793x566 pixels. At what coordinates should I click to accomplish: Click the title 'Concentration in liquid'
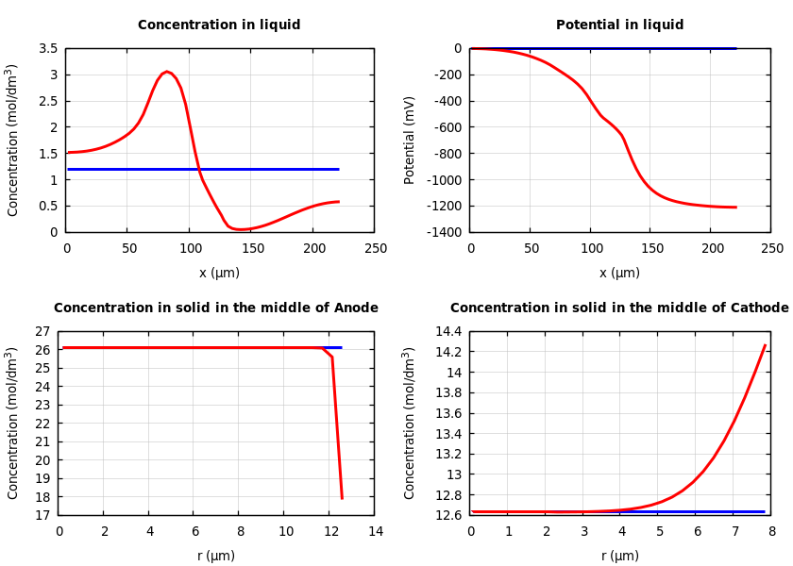[219, 25]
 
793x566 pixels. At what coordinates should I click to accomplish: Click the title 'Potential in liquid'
[619, 25]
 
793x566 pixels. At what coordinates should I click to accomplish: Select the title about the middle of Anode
[216, 308]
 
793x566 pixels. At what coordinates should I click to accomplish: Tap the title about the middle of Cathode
[619, 308]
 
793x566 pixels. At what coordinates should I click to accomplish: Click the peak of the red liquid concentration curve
[166, 72]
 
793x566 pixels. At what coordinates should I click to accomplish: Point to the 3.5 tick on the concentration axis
[48, 48]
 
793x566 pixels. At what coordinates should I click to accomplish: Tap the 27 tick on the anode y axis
[42, 332]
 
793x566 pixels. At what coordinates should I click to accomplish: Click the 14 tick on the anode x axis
[375, 531]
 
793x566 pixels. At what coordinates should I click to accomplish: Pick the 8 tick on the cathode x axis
[771, 531]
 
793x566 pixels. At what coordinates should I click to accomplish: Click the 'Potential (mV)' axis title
[410, 140]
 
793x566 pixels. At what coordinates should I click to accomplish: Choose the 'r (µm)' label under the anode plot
[216, 556]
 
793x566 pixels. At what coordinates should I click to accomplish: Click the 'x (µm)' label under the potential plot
[619, 273]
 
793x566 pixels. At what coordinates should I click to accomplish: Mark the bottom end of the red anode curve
[342, 497]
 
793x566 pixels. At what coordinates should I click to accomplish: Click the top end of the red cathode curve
[765, 345]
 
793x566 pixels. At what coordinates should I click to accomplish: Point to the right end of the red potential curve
[735, 207]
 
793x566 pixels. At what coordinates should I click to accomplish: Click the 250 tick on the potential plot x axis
[771, 248]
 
